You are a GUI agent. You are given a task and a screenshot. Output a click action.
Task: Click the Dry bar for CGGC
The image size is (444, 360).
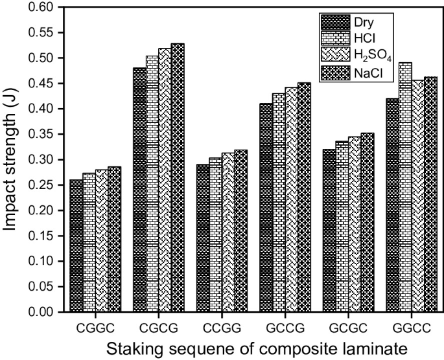point(76,246)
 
